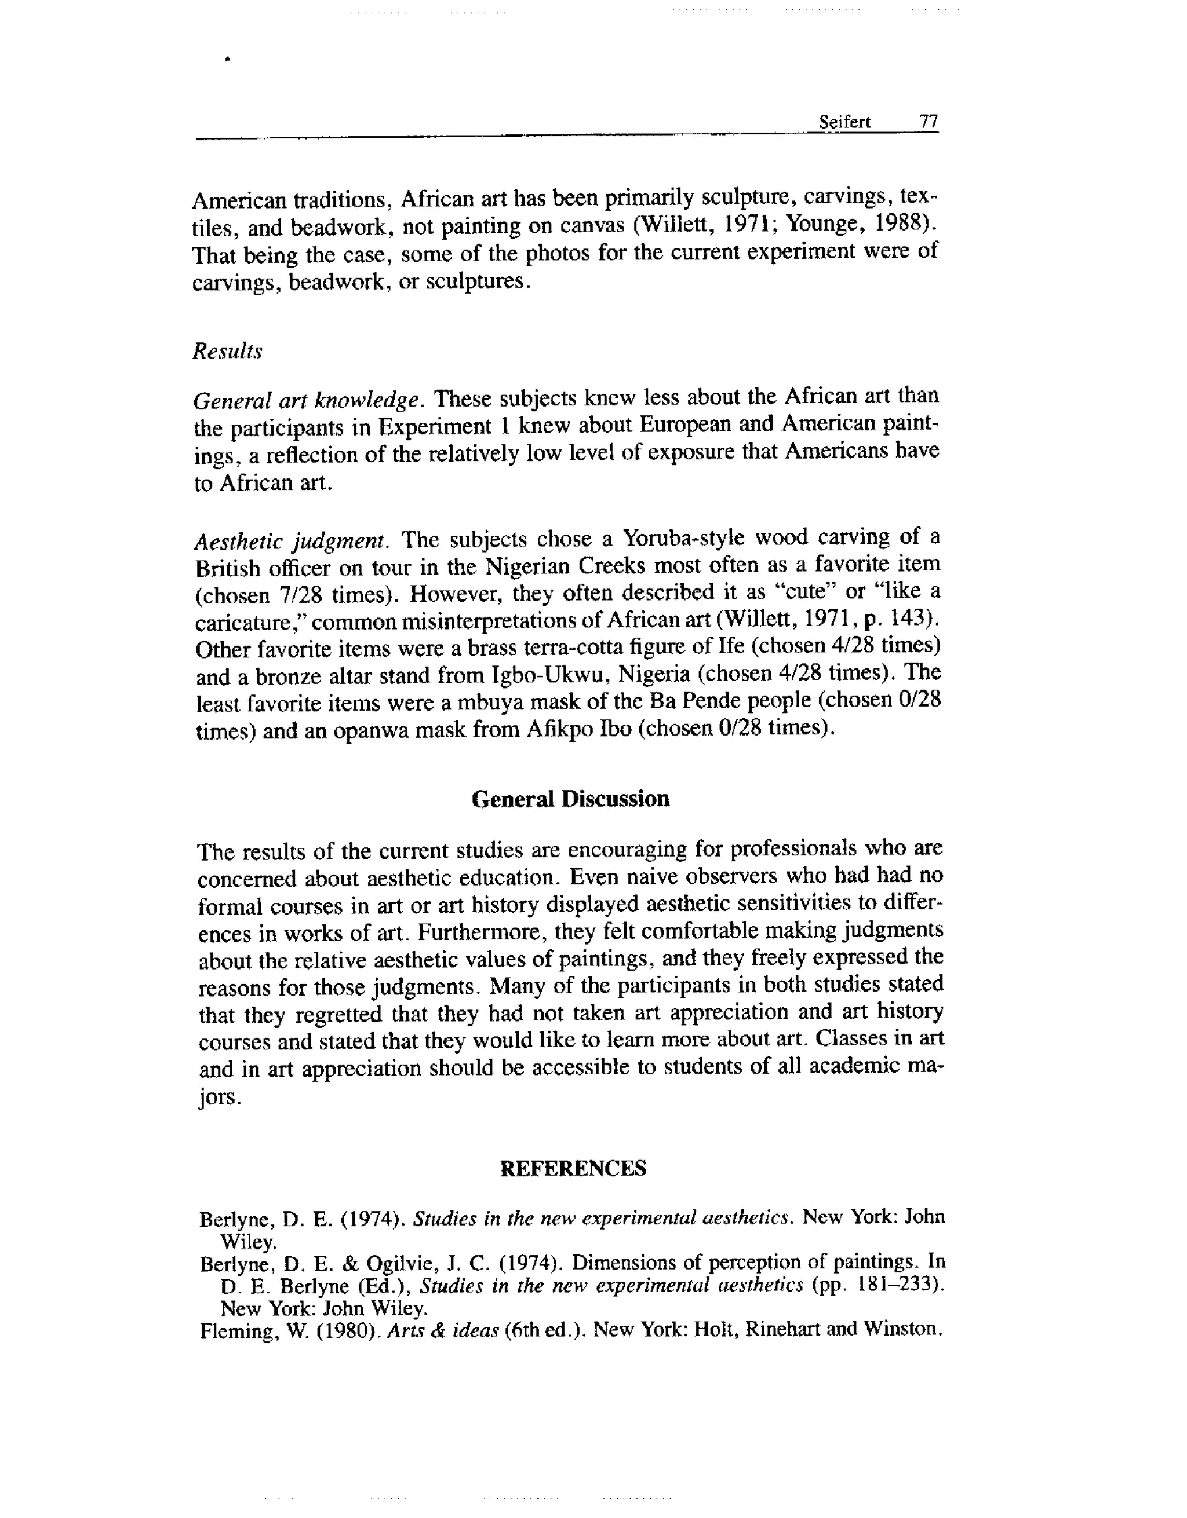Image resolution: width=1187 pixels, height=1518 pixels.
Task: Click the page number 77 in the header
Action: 929,122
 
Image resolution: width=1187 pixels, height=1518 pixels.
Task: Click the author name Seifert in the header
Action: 844,122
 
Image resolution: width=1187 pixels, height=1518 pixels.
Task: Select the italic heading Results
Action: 227,351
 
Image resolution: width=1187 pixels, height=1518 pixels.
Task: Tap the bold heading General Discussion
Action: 570,799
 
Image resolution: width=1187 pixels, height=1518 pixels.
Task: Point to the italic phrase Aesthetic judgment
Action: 289,541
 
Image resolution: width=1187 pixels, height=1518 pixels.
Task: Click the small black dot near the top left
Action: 227,60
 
